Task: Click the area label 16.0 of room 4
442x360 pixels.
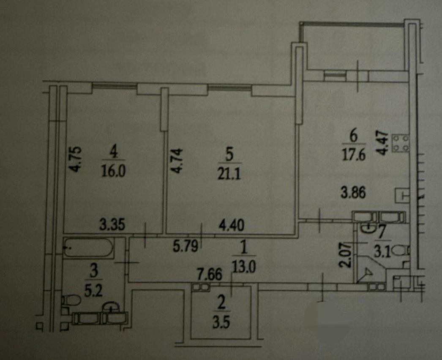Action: click(113, 171)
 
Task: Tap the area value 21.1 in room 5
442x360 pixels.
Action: click(229, 175)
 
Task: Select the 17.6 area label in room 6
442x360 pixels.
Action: click(354, 155)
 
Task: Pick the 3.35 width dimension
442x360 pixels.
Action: click(112, 225)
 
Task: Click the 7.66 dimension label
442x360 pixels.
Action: click(210, 275)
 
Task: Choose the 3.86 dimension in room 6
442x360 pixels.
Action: click(353, 194)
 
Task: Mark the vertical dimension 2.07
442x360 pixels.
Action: click(346, 255)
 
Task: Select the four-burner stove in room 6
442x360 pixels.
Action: click(401, 144)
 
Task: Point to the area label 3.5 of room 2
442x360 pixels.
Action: click(221, 323)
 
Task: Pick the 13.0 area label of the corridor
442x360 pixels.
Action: click(244, 266)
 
